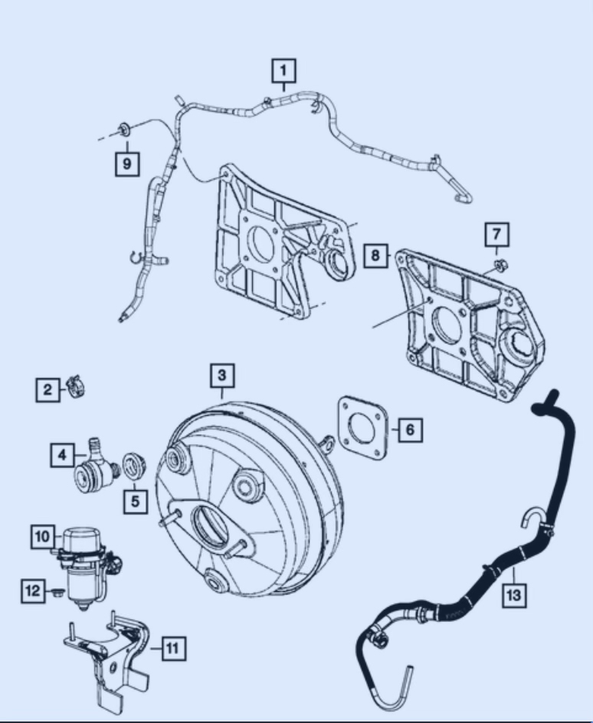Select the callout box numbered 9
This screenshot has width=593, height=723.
[x=127, y=163]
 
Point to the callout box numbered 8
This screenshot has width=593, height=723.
[x=375, y=255]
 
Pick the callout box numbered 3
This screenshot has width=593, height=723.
[x=221, y=375]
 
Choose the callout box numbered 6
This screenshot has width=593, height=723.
[x=409, y=430]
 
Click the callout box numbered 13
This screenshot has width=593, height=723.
[x=514, y=594]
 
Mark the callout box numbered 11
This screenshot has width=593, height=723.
[x=172, y=649]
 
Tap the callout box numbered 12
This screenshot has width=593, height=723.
[x=34, y=591]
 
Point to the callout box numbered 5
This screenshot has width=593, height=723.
[x=136, y=501]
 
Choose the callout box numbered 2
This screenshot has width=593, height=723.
[x=48, y=391]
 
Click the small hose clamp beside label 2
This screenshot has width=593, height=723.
[x=75, y=385]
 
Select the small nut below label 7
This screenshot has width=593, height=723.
[x=497, y=267]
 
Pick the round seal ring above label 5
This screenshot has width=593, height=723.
[x=135, y=466]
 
